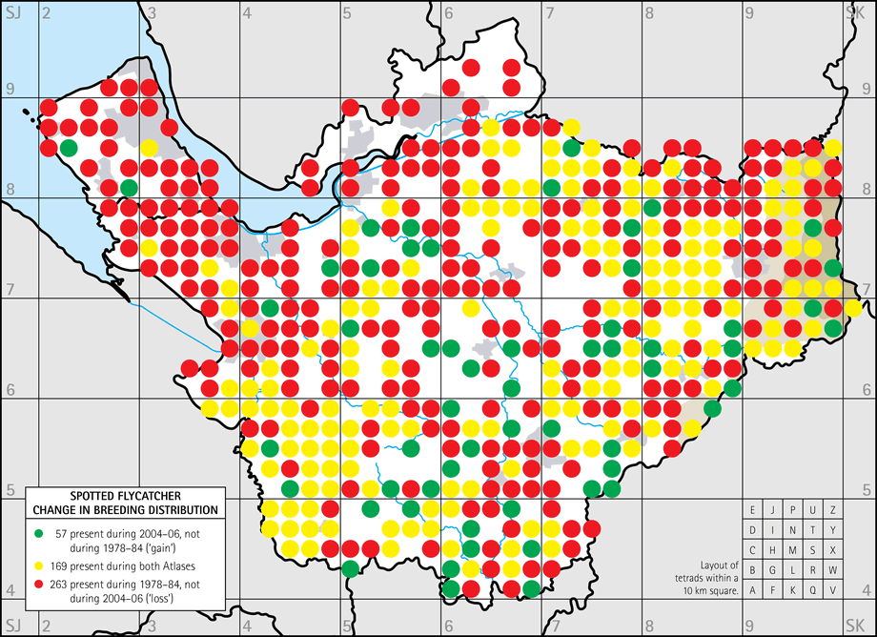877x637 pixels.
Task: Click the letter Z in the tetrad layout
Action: [833, 510]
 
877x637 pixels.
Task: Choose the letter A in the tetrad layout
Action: [753, 590]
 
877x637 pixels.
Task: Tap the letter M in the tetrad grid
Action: [793, 550]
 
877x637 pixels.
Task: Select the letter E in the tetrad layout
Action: [753, 510]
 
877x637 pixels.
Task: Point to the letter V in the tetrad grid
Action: [833, 590]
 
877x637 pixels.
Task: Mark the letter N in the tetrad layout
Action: [793, 530]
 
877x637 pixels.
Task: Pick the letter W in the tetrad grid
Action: [833, 570]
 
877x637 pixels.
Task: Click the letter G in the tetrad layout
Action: [773, 570]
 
